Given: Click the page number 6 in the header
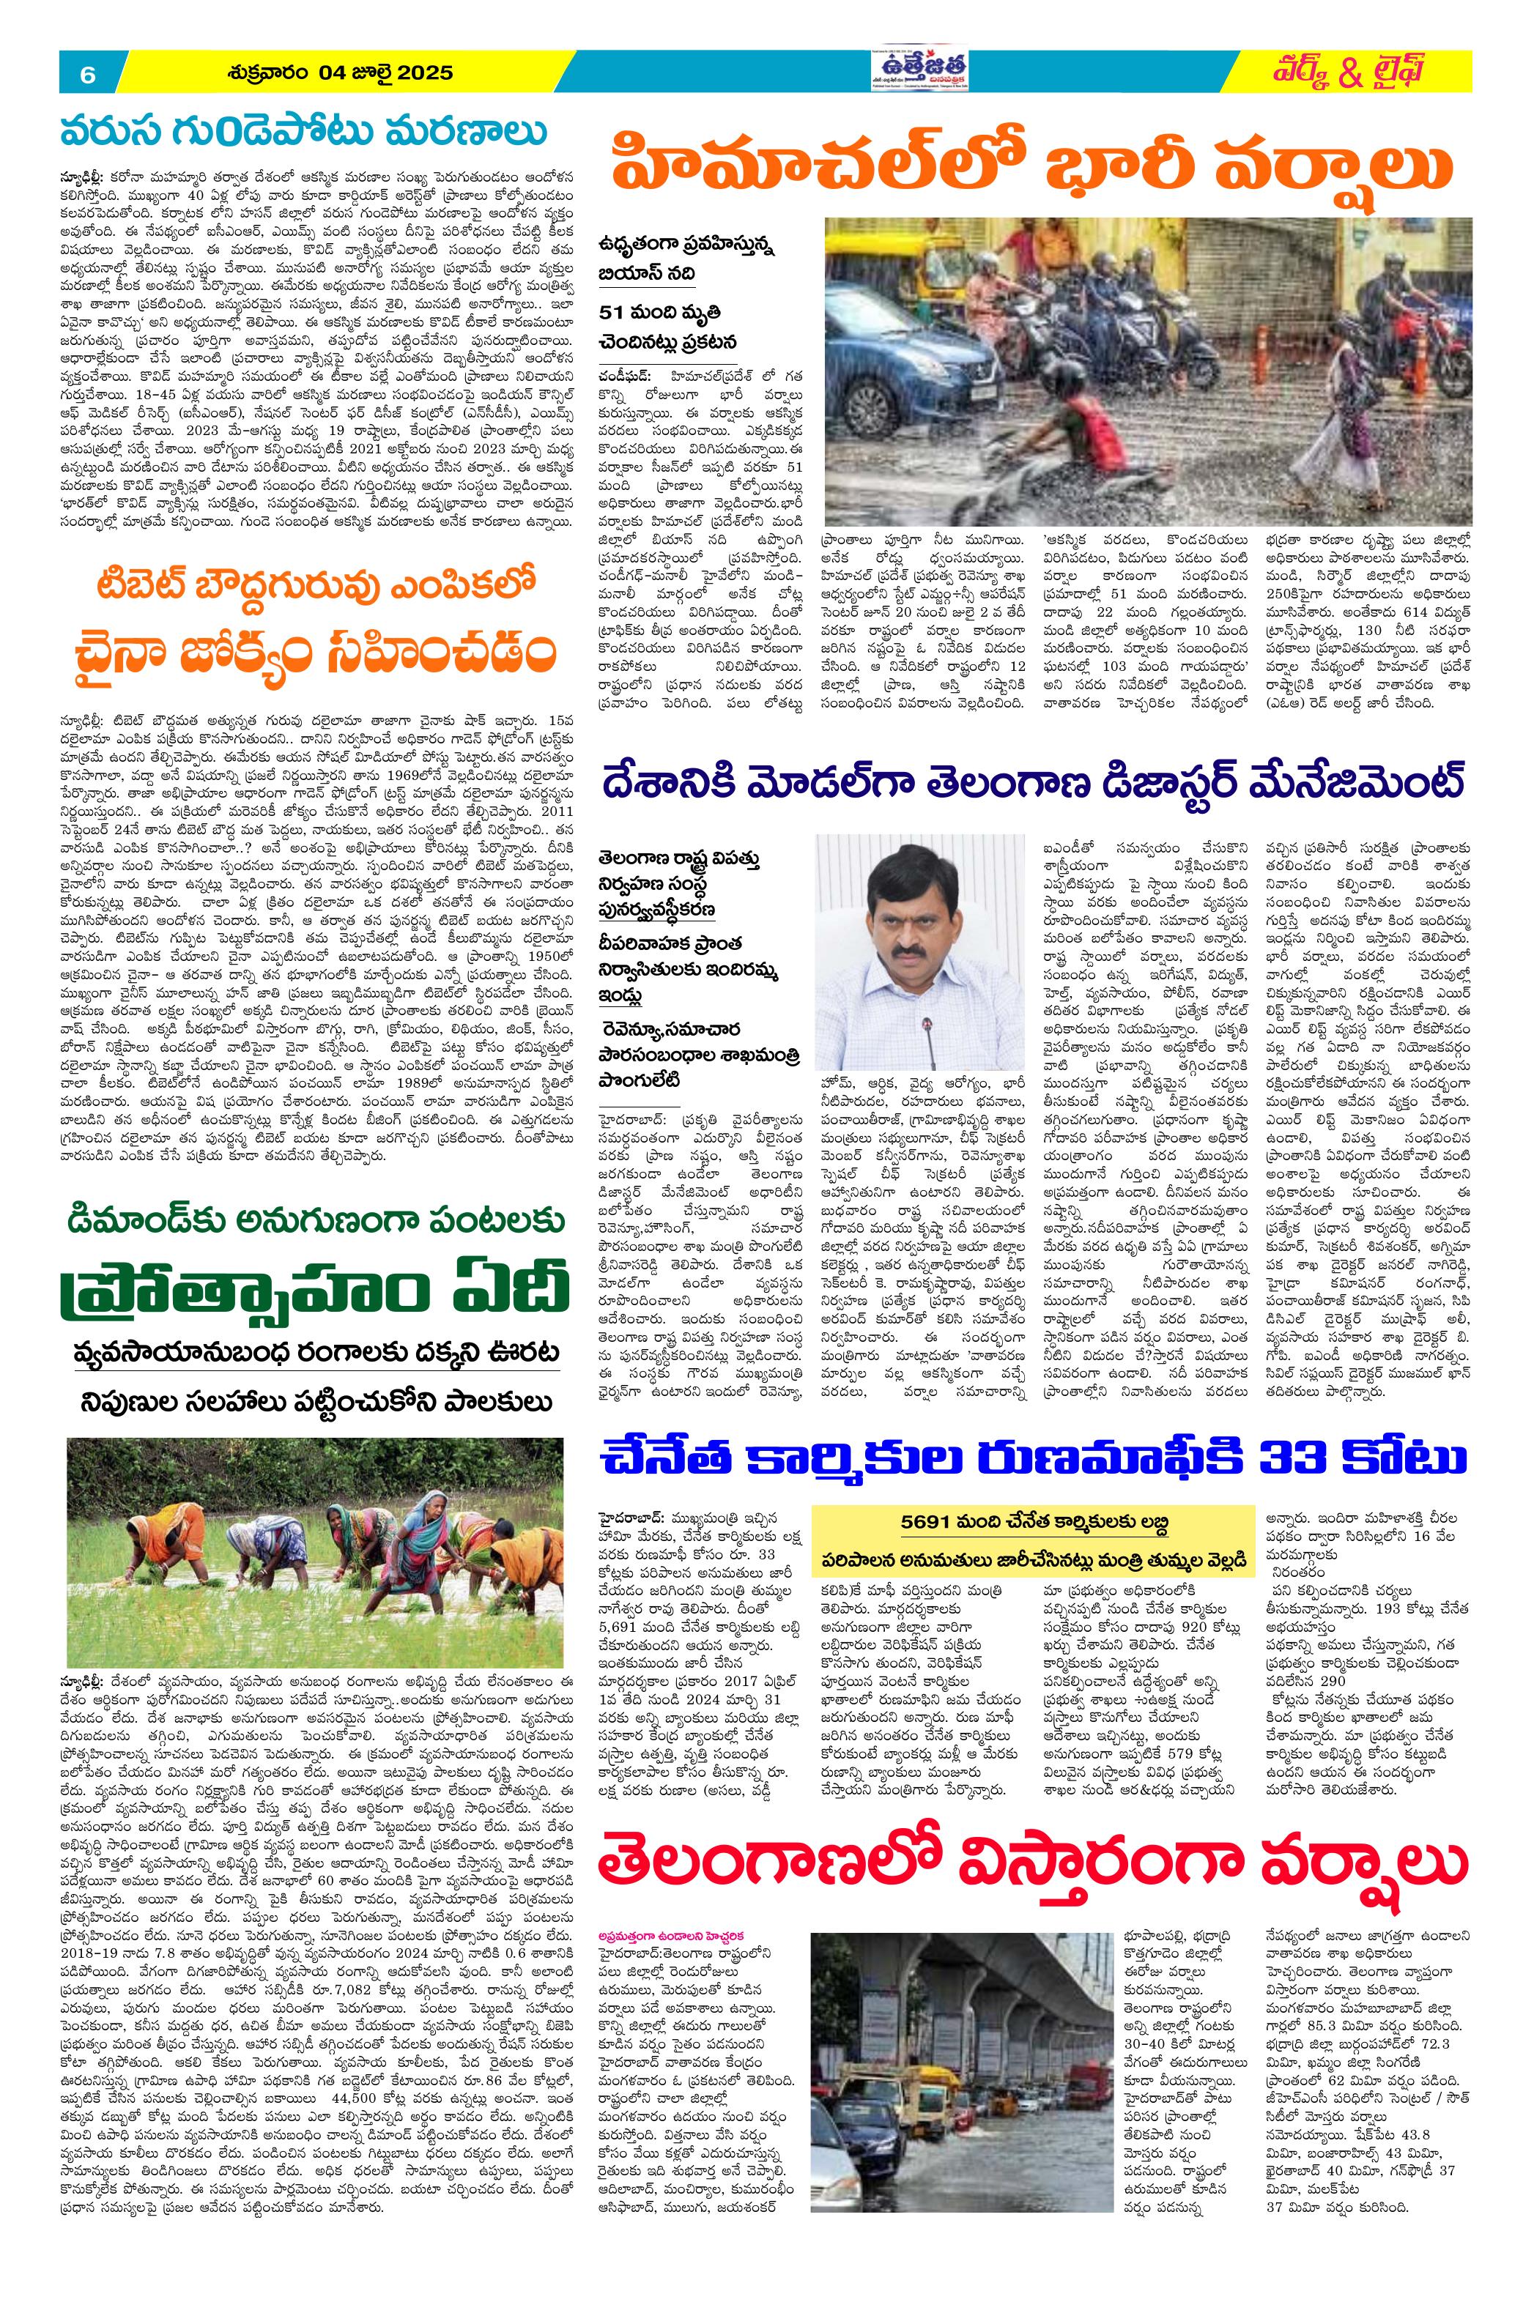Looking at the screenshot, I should point(86,73).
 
